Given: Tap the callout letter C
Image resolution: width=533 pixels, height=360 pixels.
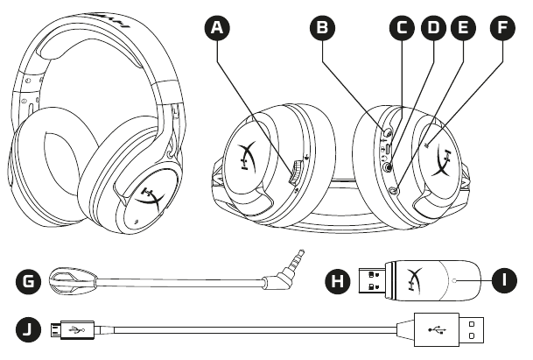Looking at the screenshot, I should point(402,28).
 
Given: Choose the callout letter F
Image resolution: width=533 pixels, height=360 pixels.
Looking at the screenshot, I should point(502,28).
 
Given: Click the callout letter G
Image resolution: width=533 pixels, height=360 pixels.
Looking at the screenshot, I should point(29,283).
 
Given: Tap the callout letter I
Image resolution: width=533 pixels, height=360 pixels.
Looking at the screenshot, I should point(501,283).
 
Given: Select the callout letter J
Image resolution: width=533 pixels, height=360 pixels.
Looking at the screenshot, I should point(29,330).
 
